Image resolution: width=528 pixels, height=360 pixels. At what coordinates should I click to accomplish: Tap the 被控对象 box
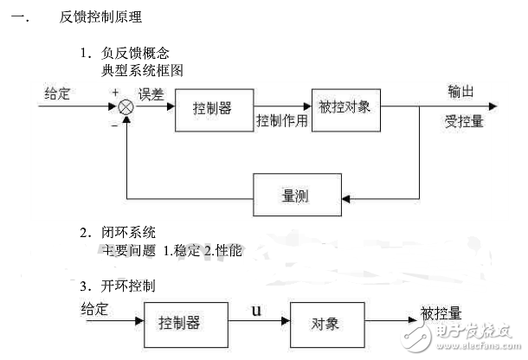tap(344, 109)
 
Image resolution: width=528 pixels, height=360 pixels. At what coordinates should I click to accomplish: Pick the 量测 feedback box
tap(293, 197)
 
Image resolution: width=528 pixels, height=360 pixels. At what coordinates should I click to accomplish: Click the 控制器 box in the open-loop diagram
tap(179, 322)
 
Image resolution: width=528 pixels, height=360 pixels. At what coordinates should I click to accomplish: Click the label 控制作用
tap(282, 120)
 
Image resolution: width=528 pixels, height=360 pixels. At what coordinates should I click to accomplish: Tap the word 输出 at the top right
tap(461, 91)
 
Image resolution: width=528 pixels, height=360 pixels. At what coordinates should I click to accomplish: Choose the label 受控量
tap(463, 121)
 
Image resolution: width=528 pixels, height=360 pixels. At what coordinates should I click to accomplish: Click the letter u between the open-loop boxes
tap(256, 309)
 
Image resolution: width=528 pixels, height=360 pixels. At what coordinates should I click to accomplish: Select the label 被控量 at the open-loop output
tap(441, 311)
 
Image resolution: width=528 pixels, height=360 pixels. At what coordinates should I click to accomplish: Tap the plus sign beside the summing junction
tap(114, 92)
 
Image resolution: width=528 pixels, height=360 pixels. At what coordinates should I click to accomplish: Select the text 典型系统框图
tap(143, 69)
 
